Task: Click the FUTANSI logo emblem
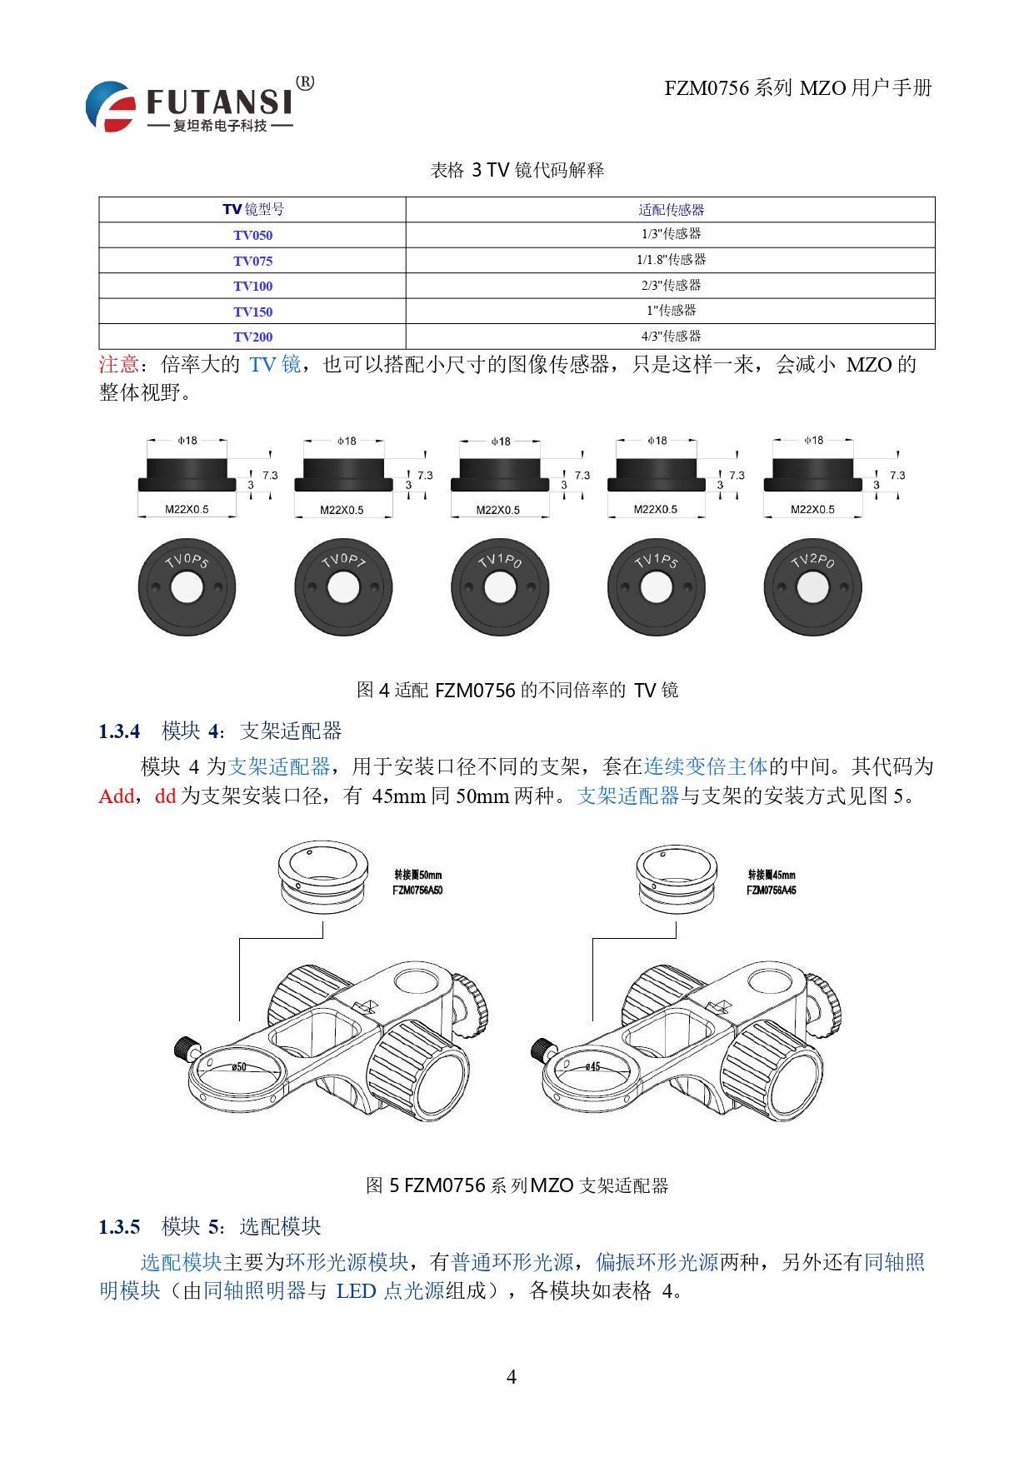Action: (x=111, y=106)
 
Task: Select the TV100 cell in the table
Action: (x=252, y=286)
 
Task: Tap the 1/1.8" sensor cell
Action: (x=671, y=260)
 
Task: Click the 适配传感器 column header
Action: (x=671, y=210)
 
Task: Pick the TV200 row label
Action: (x=252, y=337)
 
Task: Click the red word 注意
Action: (x=118, y=365)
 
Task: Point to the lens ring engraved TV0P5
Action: (x=187, y=587)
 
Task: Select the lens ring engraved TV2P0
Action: (x=812, y=587)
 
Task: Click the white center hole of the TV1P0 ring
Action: (x=500, y=589)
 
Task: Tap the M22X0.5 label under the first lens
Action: (x=187, y=509)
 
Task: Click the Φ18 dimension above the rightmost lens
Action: (x=813, y=440)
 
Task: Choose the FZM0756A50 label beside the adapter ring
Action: (x=417, y=891)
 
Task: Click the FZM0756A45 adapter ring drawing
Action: (x=676, y=878)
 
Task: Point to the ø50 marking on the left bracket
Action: (x=239, y=1066)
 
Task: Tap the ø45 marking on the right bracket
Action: (x=592, y=1066)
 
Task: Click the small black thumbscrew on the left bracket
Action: (x=186, y=1048)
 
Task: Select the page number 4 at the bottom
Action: (x=512, y=1377)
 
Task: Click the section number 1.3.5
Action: (x=119, y=1227)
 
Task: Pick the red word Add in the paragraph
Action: (x=116, y=796)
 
